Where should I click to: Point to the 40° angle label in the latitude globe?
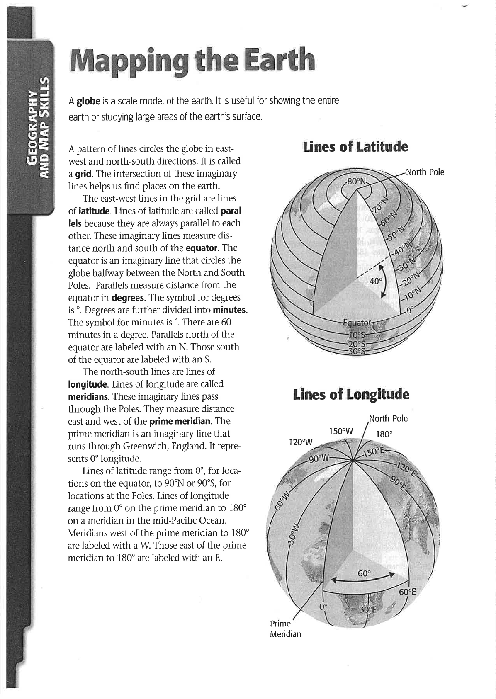point(376,281)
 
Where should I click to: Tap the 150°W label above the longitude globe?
point(340,431)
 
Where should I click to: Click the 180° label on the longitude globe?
point(384,434)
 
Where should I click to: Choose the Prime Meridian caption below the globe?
point(285,629)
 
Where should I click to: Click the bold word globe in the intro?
point(89,101)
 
